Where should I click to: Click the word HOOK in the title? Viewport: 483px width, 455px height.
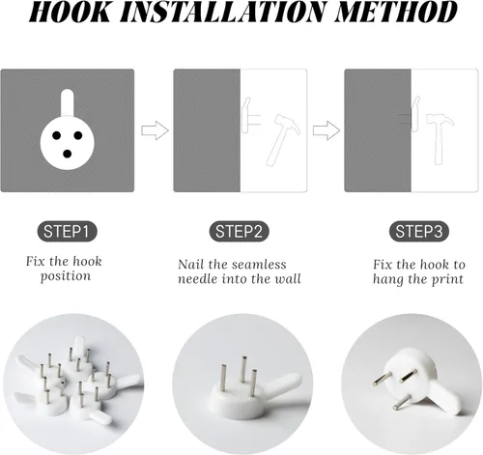click(70, 12)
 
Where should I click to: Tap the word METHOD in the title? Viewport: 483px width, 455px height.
click(396, 12)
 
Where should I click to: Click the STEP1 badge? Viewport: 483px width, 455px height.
click(67, 232)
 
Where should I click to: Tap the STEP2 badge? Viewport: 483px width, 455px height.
click(239, 232)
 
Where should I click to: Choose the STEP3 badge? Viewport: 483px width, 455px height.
click(419, 232)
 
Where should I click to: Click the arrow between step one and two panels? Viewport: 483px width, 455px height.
click(155, 130)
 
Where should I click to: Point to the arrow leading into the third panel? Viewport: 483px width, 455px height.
click(327, 130)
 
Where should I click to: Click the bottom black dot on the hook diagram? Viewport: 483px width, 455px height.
click(67, 154)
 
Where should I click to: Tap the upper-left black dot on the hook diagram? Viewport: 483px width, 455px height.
click(56, 135)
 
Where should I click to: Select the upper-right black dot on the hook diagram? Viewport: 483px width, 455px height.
click(78, 135)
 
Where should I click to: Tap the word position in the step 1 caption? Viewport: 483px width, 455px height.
click(66, 277)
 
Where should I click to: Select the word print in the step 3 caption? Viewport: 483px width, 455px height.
click(447, 279)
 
